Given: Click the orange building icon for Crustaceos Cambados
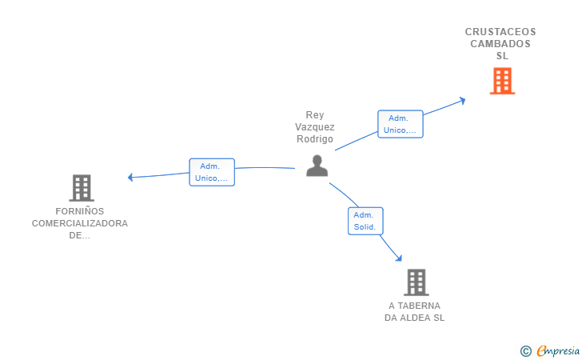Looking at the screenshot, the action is pos(502,81).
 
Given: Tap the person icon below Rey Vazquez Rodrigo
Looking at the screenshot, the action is pos(317,166).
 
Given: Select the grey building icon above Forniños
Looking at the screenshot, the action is pos(82,188).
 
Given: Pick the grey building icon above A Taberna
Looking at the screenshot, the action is pos(417,282).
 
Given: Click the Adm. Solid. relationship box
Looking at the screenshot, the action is pos(365,221).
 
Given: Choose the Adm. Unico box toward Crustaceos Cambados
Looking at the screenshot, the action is pos(400,124).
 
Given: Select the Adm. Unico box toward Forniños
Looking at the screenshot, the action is pos(212,172).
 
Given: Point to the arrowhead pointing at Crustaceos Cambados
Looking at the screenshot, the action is pos(462,100).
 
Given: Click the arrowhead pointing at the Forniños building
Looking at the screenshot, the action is pos(130,178).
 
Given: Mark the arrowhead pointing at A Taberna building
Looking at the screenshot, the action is pos(399,258).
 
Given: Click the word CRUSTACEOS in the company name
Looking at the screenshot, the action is pos(500,31).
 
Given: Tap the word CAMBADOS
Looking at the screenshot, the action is pos(500,44).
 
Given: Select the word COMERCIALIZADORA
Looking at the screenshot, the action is pos(80,223).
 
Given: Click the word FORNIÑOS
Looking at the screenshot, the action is pos(80,211).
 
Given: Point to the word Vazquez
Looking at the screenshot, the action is pos(315,127).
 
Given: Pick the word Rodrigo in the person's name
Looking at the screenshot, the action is pos(315,139).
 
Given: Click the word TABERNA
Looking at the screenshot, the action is pos(419,306).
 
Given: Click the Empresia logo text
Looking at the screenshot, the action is pos(558,350).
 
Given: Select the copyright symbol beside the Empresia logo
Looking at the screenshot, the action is pos(526,351).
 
